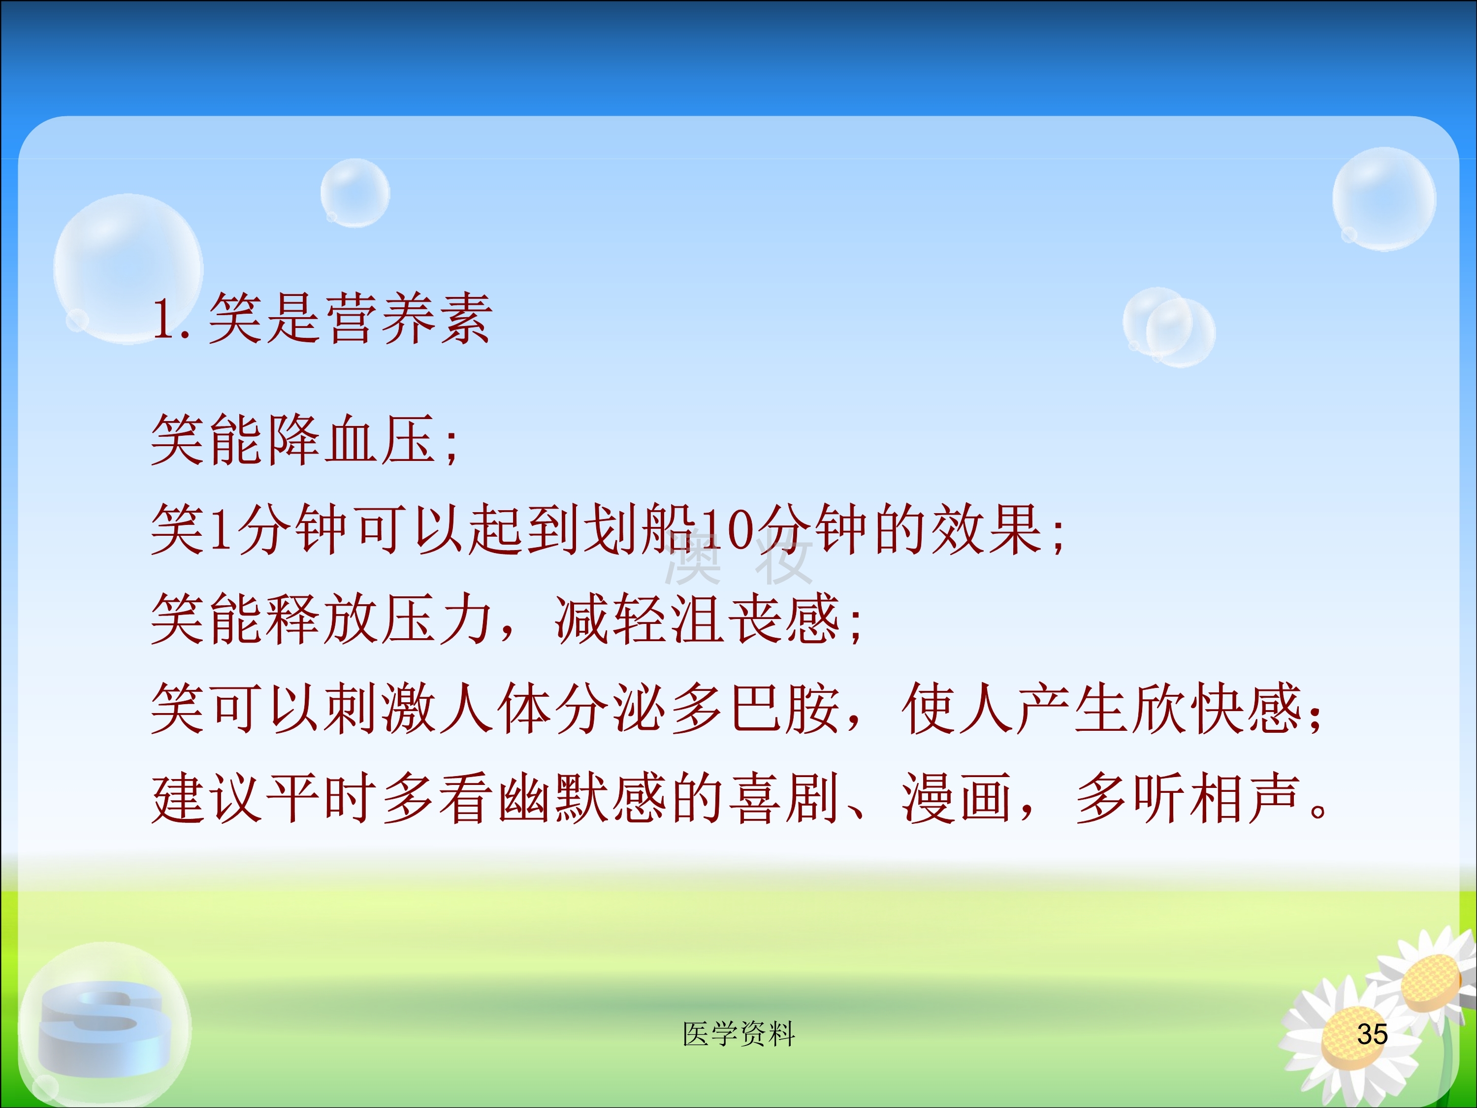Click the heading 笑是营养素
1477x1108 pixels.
[x=351, y=319]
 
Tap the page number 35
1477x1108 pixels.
[x=1372, y=1034]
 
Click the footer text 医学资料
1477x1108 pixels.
[x=738, y=1034]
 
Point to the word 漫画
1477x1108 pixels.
[x=958, y=798]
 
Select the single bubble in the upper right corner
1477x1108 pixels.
[x=1384, y=199]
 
